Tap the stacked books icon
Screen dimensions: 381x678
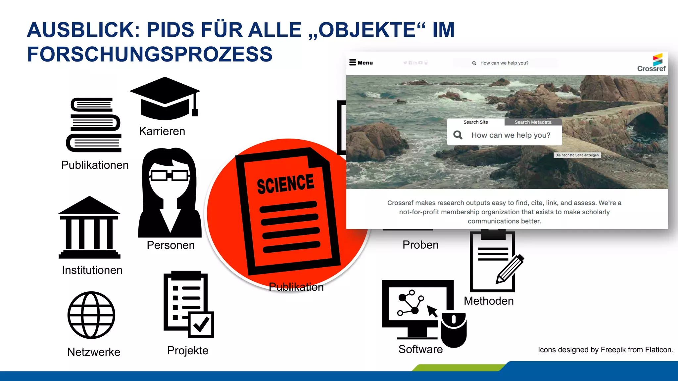coord(94,125)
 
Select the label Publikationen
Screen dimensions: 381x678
coord(95,165)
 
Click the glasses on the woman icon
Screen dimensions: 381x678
coord(169,175)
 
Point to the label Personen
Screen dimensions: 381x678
coord(170,245)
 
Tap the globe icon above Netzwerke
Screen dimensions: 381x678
coord(91,315)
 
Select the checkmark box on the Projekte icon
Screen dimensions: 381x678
coord(201,324)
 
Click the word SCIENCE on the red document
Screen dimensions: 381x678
coord(285,184)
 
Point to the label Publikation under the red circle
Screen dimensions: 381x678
coord(296,287)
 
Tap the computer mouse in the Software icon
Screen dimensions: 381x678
coord(454,329)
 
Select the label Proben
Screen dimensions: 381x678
coord(420,245)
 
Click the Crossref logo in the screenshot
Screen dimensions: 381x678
coord(652,63)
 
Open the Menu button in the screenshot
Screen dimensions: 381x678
coord(361,63)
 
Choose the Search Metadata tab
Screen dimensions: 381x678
coord(533,122)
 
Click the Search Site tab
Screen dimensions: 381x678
coord(475,122)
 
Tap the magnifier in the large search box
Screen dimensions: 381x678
coord(458,135)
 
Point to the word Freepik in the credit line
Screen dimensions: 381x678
coord(612,350)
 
